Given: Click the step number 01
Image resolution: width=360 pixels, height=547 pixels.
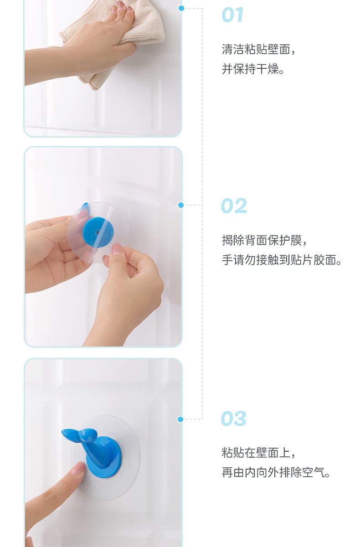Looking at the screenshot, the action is point(233,15).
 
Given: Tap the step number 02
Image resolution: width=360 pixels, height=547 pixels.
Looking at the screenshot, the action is point(234,206).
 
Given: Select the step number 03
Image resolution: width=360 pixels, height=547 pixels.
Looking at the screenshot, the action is point(234,418).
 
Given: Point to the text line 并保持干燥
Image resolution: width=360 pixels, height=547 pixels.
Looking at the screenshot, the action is point(253,69).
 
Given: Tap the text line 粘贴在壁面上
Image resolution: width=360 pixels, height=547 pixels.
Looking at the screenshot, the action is point(258,453).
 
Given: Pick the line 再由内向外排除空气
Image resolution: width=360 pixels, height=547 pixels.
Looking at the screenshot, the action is point(276,472).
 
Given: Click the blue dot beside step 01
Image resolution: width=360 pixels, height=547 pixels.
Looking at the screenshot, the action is point(181,8).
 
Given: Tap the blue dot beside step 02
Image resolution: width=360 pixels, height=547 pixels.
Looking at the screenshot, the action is point(181,205).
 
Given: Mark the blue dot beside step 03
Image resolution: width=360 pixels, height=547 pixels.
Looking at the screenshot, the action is point(180,419).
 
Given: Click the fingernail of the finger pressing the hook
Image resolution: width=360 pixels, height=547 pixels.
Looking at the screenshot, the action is point(79,469).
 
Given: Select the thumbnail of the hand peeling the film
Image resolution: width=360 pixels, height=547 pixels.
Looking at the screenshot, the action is point(116,250).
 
